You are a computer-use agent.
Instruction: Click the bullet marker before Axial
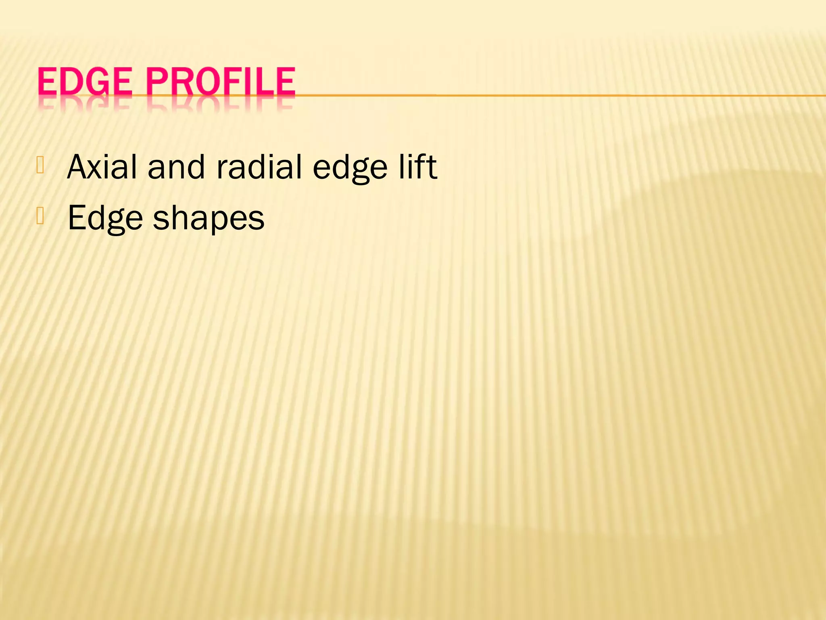40,165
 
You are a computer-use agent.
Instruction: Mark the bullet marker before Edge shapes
40,216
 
